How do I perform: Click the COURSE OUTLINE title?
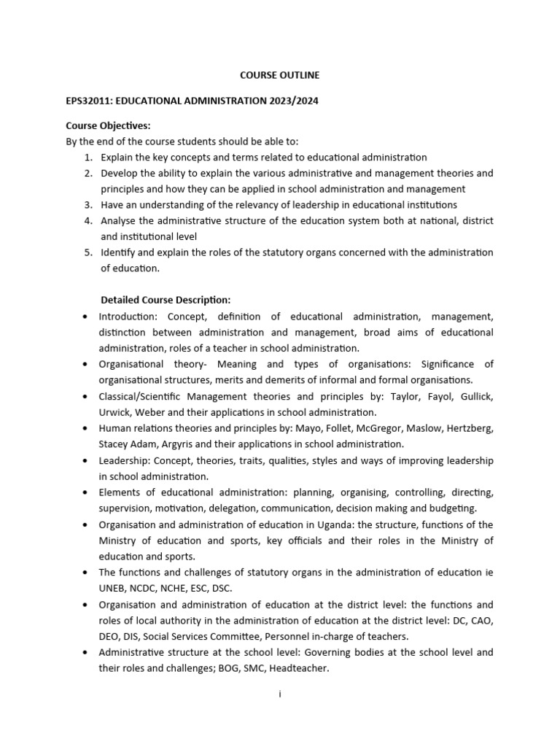click(x=279, y=75)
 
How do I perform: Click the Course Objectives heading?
click(x=108, y=125)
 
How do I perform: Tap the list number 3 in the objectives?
click(x=87, y=205)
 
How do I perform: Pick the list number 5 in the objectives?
click(x=87, y=252)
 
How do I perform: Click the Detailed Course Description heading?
click(x=166, y=300)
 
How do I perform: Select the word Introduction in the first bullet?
click(x=128, y=317)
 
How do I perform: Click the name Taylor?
click(x=397, y=396)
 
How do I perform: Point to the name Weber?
click(x=151, y=412)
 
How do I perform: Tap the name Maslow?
click(x=413, y=428)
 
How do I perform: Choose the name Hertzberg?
click(x=467, y=428)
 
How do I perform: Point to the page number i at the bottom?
click(x=279, y=695)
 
